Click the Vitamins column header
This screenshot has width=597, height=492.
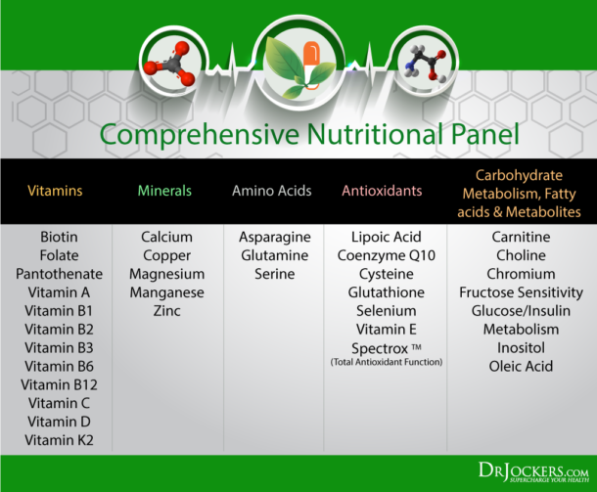(56, 191)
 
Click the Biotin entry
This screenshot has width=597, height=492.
(59, 237)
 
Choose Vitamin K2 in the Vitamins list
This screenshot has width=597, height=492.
(59, 440)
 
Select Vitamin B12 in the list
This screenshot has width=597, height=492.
(59, 384)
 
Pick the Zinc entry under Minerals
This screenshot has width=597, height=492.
(166, 311)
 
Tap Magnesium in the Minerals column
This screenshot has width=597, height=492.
(166, 274)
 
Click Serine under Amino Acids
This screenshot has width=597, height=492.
(274, 274)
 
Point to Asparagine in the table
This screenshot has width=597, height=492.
(274, 237)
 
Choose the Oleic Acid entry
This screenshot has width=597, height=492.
(521, 366)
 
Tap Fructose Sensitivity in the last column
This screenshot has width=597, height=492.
(521, 292)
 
